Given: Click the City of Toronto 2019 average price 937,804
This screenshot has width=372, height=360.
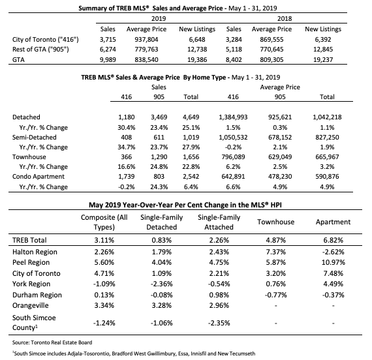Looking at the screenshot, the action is [x=146, y=39].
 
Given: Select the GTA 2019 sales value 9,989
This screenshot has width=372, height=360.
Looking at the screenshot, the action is [x=108, y=59].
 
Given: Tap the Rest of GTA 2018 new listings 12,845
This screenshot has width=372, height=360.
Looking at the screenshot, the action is [x=323, y=50].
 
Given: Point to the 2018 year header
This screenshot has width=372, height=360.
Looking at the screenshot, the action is [x=285, y=18].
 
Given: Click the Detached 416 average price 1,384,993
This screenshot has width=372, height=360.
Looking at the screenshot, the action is [x=233, y=117].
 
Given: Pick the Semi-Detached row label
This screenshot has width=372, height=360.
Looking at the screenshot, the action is [x=35, y=138].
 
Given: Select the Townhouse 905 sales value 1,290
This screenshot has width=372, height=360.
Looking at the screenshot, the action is [x=159, y=157].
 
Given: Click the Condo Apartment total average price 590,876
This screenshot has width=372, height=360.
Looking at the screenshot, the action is [x=327, y=177].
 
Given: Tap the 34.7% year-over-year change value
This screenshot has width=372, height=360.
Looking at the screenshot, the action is [x=126, y=147].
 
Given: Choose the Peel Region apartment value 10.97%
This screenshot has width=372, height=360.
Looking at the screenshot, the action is [x=333, y=263].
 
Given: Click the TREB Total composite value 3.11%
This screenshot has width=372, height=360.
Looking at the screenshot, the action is [x=104, y=240].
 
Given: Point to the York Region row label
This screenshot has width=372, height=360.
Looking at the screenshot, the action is [x=31, y=284].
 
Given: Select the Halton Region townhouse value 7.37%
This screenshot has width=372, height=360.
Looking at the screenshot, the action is [x=275, y=252].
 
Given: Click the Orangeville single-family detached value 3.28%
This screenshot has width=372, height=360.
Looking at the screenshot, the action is [x=162, y=305].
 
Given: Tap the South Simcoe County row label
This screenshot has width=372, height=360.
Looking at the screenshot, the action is [x=34, y=323].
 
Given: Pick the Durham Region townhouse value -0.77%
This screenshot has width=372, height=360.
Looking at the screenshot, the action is [x=275, y=295].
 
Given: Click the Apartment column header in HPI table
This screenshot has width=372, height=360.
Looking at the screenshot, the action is [x=333, y=222].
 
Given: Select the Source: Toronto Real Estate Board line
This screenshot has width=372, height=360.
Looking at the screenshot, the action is [x=52, y=342].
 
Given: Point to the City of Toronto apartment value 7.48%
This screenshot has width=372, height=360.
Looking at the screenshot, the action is [x=333, y=273].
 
